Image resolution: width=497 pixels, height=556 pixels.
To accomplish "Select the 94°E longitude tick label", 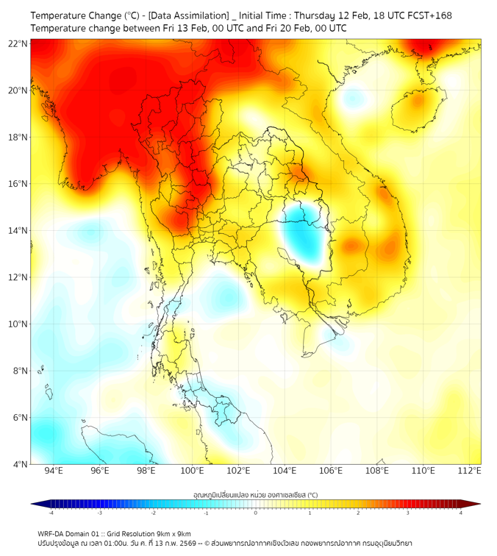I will (x=54, y=471).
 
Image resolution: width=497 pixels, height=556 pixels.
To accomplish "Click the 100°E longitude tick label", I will (x=192, y=471).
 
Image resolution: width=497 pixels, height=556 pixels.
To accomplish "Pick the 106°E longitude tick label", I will (x=331, y=471).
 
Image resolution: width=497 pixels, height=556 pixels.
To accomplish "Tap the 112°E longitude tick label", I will (x=469, y=471).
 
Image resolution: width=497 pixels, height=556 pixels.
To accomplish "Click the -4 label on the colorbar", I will (x=50, y=513).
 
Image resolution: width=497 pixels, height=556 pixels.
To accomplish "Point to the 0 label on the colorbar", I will (x=256, y=513).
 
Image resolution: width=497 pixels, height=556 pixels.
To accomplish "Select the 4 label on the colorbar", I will (x=461, y=513).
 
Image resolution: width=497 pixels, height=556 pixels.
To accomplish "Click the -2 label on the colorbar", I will (x=153, y=513).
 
